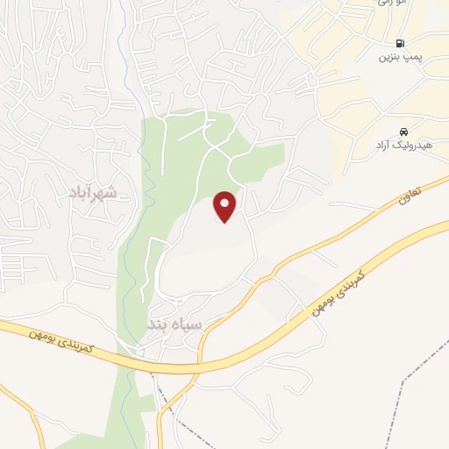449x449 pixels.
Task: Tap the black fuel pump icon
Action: pyautogui.click(x=400, y=42)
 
